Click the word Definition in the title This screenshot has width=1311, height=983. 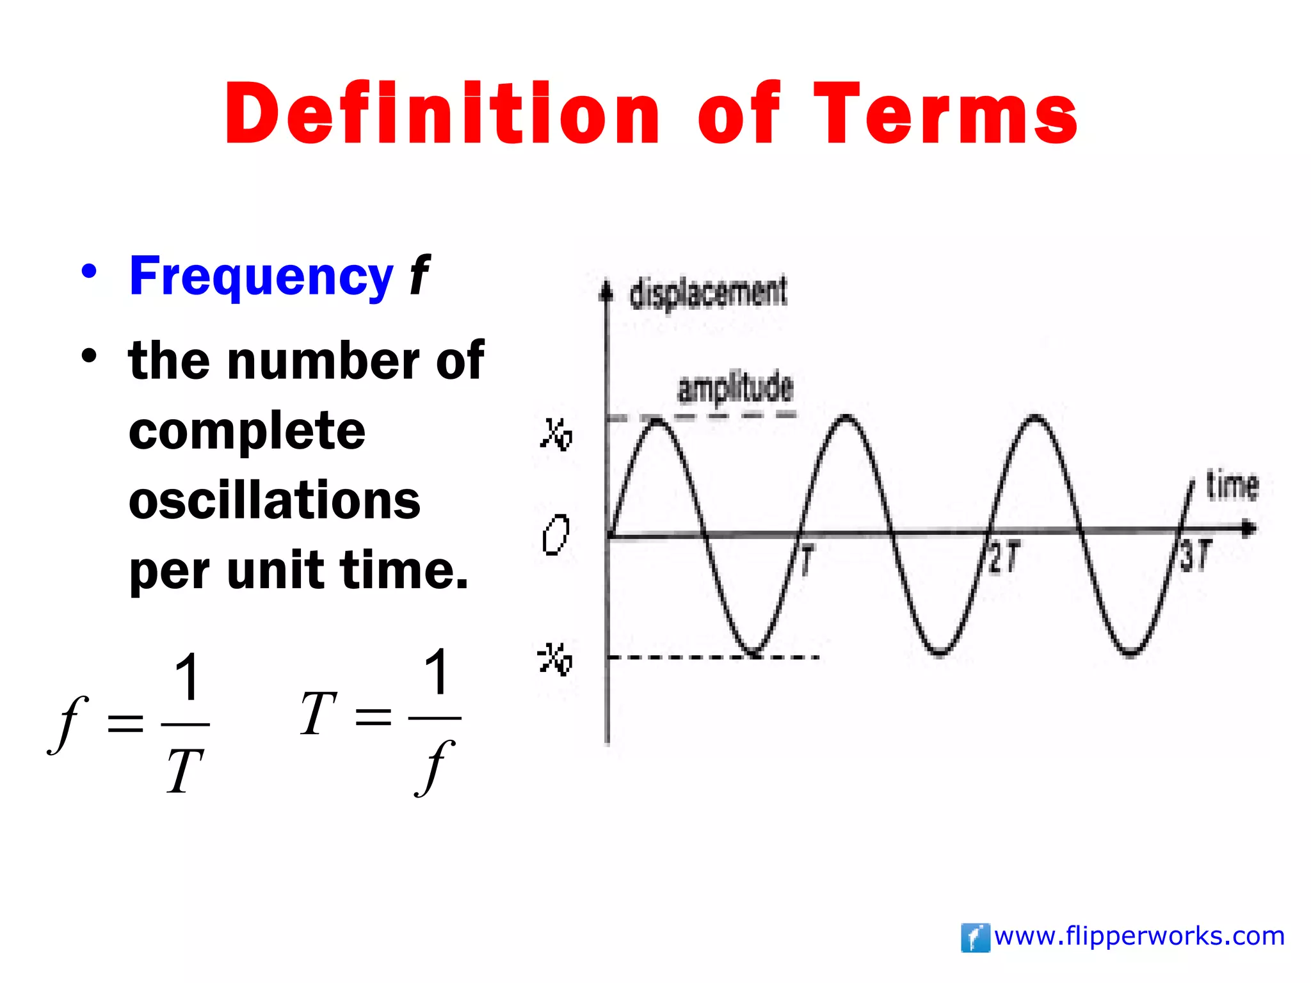(x=442, y=114)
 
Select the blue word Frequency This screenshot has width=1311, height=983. (x=261, y=276)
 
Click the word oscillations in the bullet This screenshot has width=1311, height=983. (x=274, y=501)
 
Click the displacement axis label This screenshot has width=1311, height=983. (x=708, y=293)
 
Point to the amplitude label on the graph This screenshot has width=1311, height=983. (x=735, y=388)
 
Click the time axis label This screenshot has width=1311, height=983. (x=1232, y=485)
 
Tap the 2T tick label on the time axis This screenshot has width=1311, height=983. (x=1004, y=557)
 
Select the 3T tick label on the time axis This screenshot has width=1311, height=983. (x=1196, y=555)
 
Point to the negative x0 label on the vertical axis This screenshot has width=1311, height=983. (x=554, y=659)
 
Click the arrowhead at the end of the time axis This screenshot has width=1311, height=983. (x=1249, y=529)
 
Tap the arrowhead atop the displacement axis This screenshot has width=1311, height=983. (x=606, y=291)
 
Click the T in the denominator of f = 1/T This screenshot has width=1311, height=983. (x=185, y=771)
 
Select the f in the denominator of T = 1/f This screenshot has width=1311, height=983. (x=435, y=768)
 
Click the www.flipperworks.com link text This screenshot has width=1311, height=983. (x=1139, y=936)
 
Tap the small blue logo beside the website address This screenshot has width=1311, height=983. (x=975, y=938)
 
